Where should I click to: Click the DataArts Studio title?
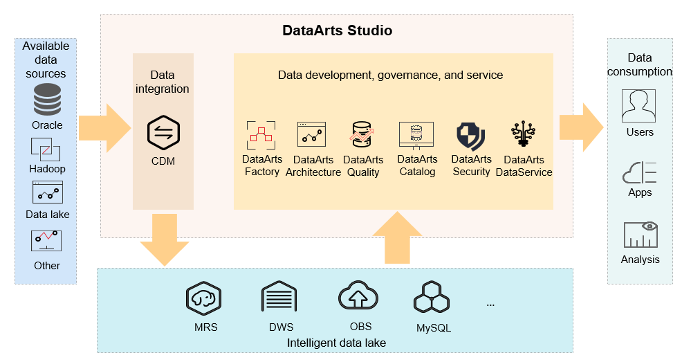[x=338, y=31]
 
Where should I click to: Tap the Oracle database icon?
[x=47, y=100]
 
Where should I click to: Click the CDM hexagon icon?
[x=163, y=134]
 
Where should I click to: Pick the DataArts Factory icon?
[x=261, y=136]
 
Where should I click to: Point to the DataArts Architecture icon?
[x=311, y=134]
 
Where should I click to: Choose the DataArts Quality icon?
[x=362, y=134]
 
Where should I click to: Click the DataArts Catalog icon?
[x=416, y=135]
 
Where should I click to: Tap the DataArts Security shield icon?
[x=471, y=136]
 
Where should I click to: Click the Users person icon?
[x=639, y=106]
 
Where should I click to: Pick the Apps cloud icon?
[x=640, y=171]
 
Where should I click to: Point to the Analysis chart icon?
[x=640, y=235]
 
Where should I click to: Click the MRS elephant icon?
[x=204, y=298]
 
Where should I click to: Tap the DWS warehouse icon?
[x=279, y=298]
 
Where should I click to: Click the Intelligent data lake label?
[x=336, y=343]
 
